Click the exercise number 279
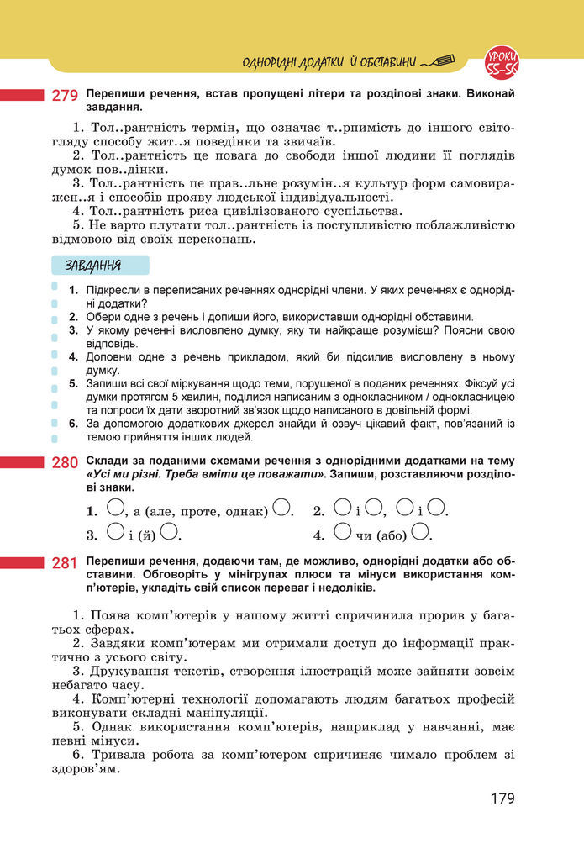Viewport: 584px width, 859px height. click(66, 96)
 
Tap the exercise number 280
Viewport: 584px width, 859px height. click(66, 462)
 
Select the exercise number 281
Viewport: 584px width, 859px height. click(66, 562)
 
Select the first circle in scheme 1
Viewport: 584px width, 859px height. click(116, 508)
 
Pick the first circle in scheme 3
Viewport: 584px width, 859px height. click(116, 532)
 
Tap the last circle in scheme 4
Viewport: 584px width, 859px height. click(421, 532)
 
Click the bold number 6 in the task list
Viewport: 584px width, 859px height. click(74, 424)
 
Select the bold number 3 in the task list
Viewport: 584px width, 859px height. click(74, 331)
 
